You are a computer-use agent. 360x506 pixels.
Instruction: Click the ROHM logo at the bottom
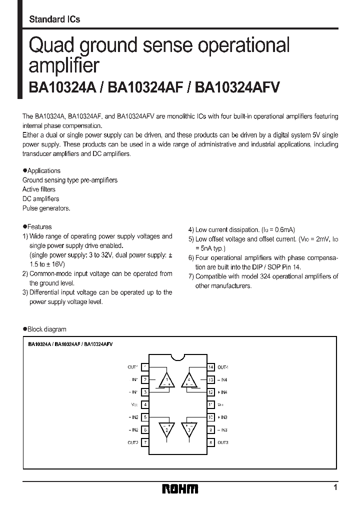point(179,489)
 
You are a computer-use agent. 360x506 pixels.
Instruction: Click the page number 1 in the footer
point(335,487)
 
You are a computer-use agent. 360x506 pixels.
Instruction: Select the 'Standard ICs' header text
point(54,19)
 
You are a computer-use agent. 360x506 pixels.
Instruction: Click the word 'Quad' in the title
point(50,46)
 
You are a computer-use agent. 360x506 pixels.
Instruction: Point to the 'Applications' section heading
point(43,170)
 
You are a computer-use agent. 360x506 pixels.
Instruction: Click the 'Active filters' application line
point(39,189)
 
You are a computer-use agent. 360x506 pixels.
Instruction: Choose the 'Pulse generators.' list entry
point(46,208)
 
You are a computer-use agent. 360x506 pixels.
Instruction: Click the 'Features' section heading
point(39,227)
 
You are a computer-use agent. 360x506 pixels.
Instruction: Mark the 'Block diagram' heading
point(46,329)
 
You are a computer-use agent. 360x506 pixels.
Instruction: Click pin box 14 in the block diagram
point(211,367)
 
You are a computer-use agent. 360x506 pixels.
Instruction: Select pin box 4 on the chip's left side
point(145,404)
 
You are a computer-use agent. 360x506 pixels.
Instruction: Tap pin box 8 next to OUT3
point(211,442)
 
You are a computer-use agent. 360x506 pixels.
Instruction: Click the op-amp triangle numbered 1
point(167,380)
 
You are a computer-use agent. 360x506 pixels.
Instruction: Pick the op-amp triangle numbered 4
point(189,380)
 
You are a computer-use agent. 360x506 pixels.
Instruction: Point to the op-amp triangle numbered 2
point(167,429)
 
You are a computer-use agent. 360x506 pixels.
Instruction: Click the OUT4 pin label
point(222,367)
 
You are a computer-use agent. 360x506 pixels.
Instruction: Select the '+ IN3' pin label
point(222,417)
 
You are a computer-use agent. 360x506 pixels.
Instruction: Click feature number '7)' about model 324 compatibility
point(191,276)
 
